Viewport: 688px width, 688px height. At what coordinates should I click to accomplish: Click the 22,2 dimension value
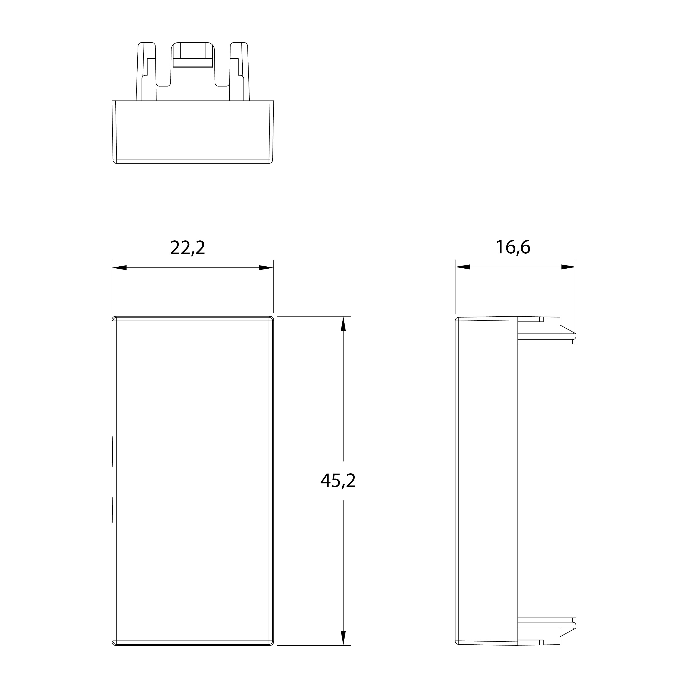point(188,248)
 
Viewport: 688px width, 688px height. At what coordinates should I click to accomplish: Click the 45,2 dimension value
point(338,481)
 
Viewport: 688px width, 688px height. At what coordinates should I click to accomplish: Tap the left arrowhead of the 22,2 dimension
point(119,268)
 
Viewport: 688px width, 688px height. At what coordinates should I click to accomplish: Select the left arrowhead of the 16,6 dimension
point(463,267)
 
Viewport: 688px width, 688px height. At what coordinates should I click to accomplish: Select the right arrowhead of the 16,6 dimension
point(569,267)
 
